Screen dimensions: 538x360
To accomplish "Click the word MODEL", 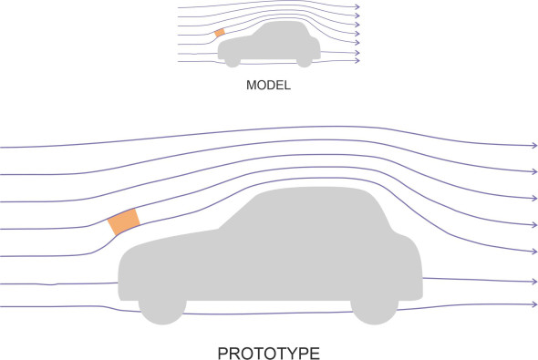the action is [268, 85].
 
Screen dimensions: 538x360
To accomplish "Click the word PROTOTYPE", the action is [269, 354].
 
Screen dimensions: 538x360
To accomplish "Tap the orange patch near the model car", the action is [220, 33].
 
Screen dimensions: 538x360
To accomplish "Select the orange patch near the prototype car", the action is [124, 221].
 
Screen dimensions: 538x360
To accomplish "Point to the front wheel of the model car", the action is [233, 62].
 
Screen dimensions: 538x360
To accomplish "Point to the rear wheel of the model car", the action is [305, 62].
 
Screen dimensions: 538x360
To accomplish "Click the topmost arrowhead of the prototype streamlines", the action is [534, 146].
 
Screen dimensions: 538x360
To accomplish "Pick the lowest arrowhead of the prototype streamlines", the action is [534, 304].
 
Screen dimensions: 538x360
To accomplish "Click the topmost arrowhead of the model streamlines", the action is [357, 7].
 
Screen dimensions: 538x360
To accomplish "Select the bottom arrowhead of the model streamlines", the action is [357, 61].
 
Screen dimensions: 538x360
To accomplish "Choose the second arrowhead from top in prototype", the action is [534, 171].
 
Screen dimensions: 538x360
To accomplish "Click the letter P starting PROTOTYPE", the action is [223, 354].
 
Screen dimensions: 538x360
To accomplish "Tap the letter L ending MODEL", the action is [287, 85].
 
